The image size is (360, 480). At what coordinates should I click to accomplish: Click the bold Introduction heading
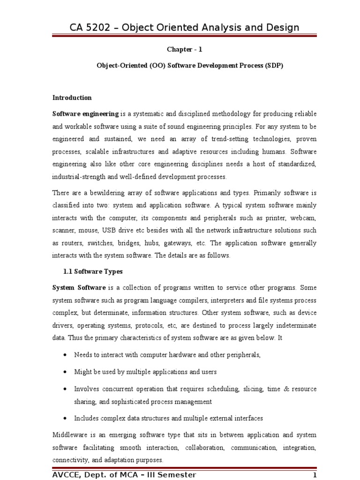click(72, 98)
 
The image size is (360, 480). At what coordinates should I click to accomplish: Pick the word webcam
click(305, 218)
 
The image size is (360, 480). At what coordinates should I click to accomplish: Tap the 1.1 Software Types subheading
click(93, 271)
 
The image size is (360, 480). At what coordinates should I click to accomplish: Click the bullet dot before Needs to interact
click(65, 355)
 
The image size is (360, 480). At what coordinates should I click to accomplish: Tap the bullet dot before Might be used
click(65, 372)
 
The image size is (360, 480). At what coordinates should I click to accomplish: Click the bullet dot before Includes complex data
click(65, 418)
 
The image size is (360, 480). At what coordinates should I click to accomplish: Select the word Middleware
click(70, 435)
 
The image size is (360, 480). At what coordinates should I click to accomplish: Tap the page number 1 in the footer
click(315, 475)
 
